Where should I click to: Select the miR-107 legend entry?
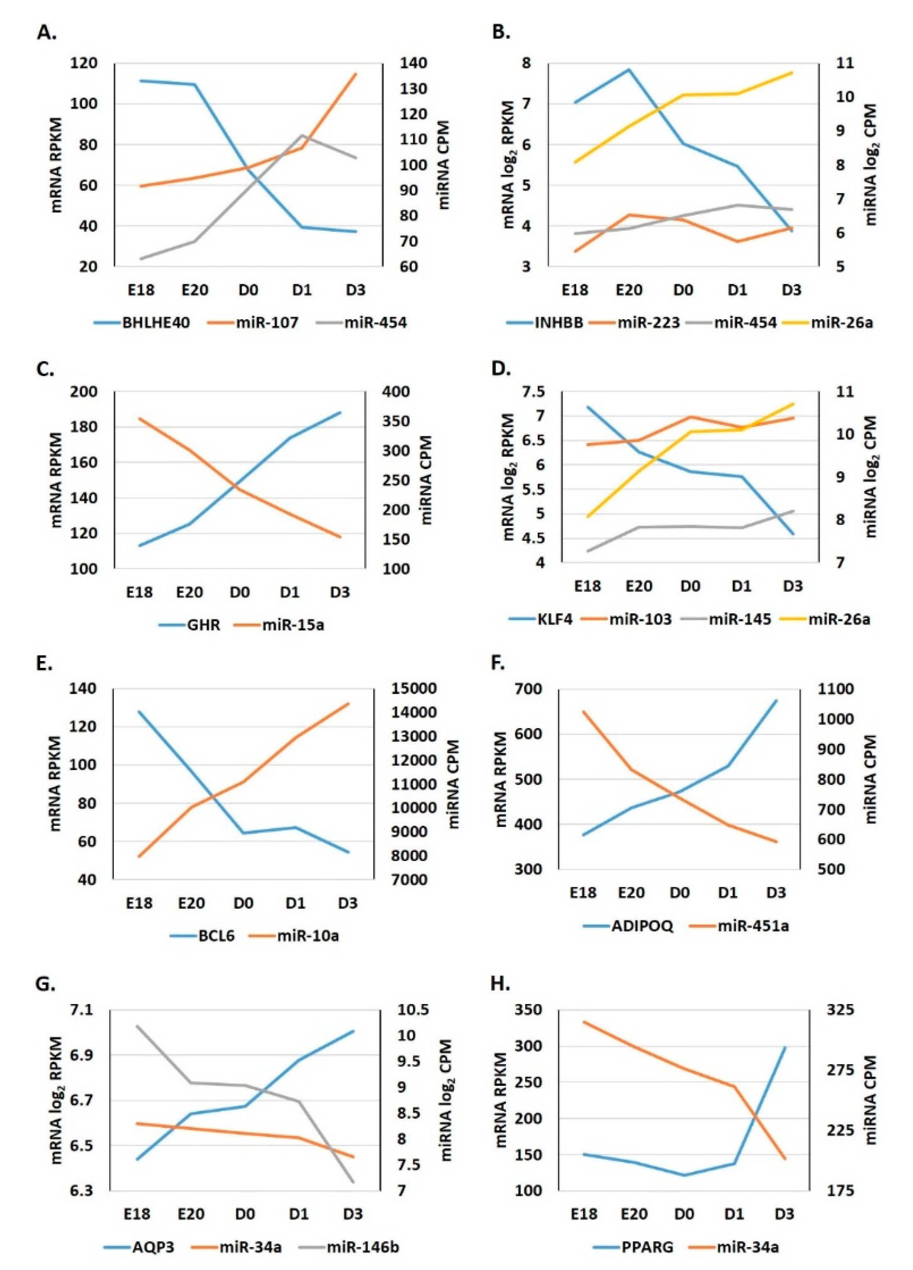coord(266,323)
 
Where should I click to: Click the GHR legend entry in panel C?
coord(203,624)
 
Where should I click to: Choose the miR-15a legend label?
coord(293,624)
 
